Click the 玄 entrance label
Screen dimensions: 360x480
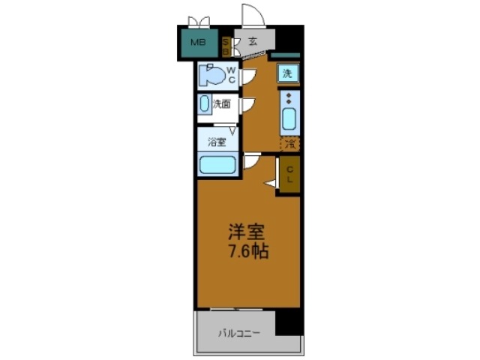pos(253,41)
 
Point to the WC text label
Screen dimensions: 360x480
pos(232,75)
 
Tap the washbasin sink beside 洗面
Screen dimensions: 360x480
pos(205,105)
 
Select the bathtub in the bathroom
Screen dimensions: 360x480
pos(217,165)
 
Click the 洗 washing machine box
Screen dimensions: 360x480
pos(286,73)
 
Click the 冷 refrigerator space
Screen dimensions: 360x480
pos(289,142)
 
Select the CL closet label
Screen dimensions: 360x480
pos(289,175)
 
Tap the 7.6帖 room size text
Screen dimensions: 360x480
pos(247,251)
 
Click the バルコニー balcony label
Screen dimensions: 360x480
pos(240,332)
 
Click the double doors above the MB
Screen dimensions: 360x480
pos(199,19)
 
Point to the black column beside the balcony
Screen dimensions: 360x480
pos(289,322)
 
